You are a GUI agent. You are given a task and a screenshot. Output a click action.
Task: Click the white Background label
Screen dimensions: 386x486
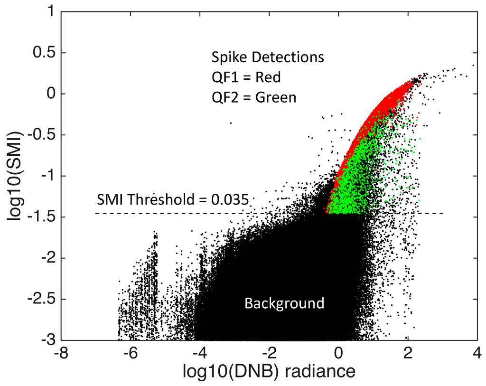point(284,303)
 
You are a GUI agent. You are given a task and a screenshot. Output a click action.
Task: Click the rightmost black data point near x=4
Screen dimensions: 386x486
point(473,65)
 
